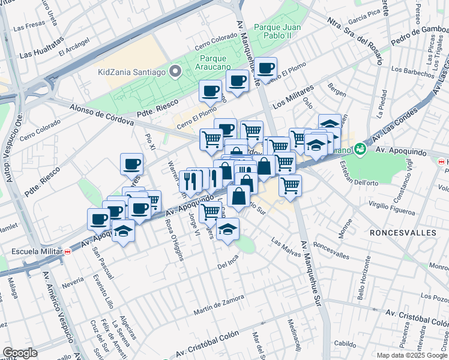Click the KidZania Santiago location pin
(x=176, y=72)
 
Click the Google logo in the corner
(x=20, y=353)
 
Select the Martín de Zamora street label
(x=218, y=305)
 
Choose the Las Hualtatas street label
(x=41, y=49)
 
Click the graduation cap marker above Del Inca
(x=228, y=230)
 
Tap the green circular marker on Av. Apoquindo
(x=360, y=148)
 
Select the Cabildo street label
(x=345, y=343)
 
